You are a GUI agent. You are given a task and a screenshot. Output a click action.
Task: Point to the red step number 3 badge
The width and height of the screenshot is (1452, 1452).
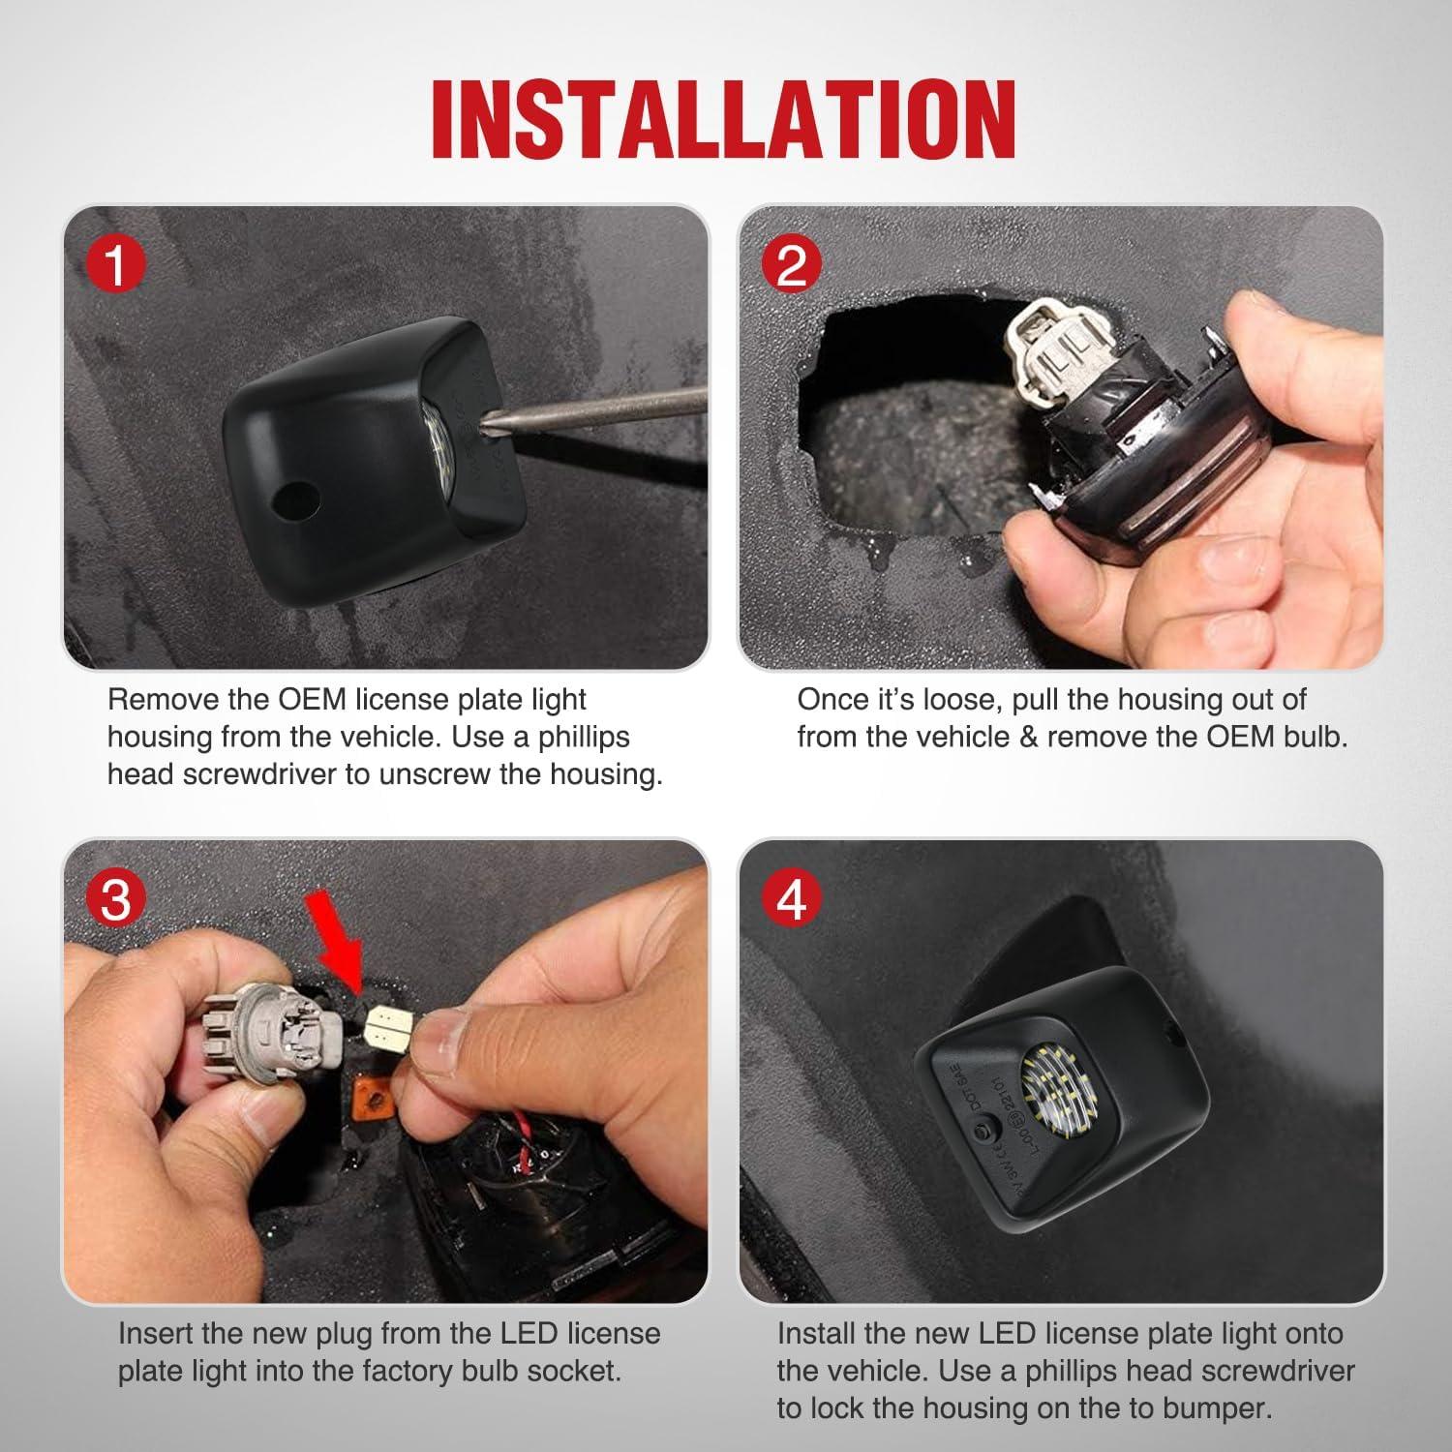pyautogui.click(x=116, y=900)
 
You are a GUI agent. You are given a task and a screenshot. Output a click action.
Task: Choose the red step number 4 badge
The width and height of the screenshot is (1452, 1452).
pyautogui.click(x=792, y=900)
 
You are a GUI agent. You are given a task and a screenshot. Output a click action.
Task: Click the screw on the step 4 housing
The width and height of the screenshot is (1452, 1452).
pyautogui.click(x=984, y=1130)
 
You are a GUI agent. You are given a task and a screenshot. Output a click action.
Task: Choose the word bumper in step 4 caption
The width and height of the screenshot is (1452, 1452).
pyautogui.click(x=1209, y=1408)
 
